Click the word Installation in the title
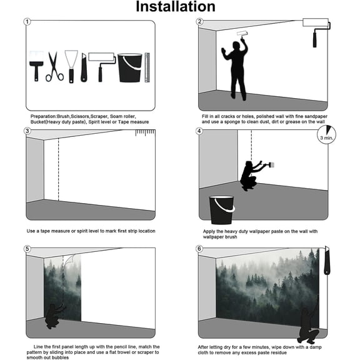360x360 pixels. pyautogui.click(x=176, y=7)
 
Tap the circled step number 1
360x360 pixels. pyautogui.click(x=27, y=22)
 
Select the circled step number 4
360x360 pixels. pyautogui.click(x=199, y=131)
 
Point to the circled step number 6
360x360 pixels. pyautogui.click(x=199, y=249)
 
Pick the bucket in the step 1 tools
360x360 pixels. pyautogui.click(x=129, y=68)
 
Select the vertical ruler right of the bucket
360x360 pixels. pyautogui.click(x=147, y=68)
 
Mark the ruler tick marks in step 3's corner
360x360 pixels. pyautogui.click(x=144, y=132)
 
